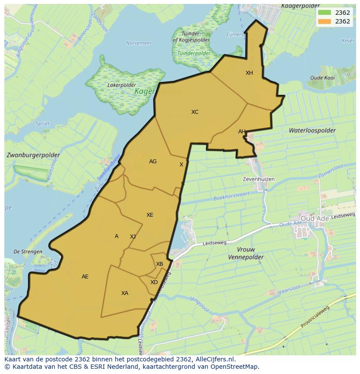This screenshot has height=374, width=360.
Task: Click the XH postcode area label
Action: click(249, 73)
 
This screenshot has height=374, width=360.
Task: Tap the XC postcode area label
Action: click(195, 112)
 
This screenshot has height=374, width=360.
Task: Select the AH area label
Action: click(242, 132)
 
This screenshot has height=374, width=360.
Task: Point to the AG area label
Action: click(153, 162)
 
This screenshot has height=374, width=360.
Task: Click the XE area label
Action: click(150, 215)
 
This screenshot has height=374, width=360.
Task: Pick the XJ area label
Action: click(133, 237)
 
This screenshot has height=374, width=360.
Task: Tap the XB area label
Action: click(160, 264)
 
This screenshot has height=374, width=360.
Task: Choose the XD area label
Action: click(154, 282)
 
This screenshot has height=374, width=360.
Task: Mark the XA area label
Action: click(125, 293)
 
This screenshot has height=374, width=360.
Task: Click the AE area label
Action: click(85, 277)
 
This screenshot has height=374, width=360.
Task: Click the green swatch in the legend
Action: click(324, 13)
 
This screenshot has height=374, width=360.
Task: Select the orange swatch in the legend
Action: click(324, 21)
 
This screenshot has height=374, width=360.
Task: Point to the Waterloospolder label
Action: click(312, 130)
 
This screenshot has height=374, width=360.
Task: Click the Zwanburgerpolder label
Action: click(33, 155)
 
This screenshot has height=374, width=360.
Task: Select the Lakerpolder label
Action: click(121, 85)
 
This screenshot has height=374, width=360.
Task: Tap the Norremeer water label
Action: click(139, 43)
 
